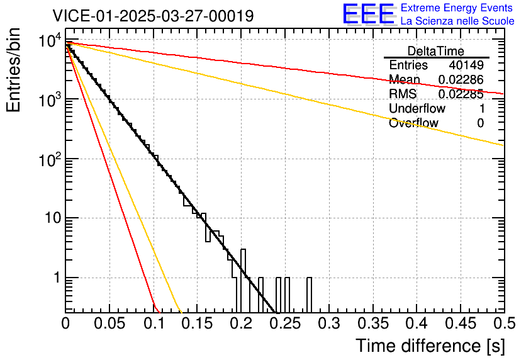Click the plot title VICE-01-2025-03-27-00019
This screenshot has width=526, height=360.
(153, 16)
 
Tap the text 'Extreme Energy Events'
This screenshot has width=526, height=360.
(457, 8)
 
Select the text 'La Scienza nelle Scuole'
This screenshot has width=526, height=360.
(457, 21)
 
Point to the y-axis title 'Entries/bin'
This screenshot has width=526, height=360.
(13, 70)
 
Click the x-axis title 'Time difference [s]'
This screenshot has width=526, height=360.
(430, 346)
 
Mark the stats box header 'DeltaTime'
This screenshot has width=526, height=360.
(436, 51)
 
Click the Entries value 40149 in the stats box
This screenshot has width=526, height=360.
(466, 65)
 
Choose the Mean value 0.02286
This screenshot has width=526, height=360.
(461, 80)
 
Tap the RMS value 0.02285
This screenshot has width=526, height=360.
(461, 94)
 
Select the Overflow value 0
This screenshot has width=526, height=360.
(480, 123)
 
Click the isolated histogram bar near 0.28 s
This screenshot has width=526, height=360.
(309, 294)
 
